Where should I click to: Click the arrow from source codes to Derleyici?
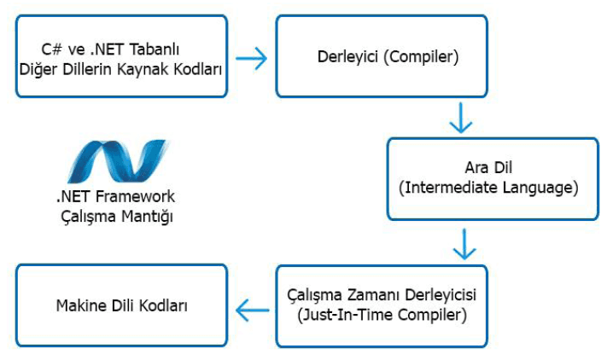pos(251,58)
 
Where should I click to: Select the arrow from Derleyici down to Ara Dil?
pos(461,118)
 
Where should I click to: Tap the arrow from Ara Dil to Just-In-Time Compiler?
pos(464,244)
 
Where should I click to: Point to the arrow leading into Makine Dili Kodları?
pos(253,310)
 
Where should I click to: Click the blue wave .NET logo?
pos(118,161)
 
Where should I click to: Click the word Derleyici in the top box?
pos(347,57)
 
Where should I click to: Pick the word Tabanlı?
pos(154,49)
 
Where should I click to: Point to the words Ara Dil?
pos(488,167)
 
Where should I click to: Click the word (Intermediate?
pos(448,188)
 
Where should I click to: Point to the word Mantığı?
pos(147,217)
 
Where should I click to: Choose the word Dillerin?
pos(87,69)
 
